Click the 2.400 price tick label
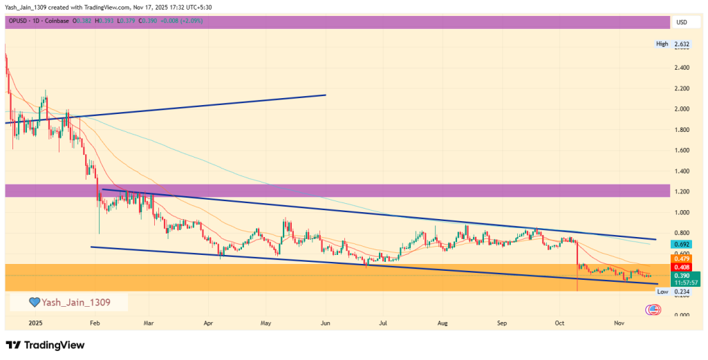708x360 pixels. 682,68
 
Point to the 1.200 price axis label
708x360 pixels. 682,191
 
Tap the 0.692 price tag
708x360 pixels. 682,245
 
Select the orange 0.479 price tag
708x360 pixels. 682,258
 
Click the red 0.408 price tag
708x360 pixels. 682,267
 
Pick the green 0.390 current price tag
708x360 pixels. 682,275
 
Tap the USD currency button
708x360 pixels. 682,22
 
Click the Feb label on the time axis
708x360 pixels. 95,323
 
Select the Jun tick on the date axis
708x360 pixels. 325,323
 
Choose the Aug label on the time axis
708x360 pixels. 443,323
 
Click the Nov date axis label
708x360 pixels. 619,323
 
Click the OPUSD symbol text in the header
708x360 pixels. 19,22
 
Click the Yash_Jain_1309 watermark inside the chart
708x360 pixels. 75,302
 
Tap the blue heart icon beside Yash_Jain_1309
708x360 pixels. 33,302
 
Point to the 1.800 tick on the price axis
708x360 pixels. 682,130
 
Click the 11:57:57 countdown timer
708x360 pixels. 682,283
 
